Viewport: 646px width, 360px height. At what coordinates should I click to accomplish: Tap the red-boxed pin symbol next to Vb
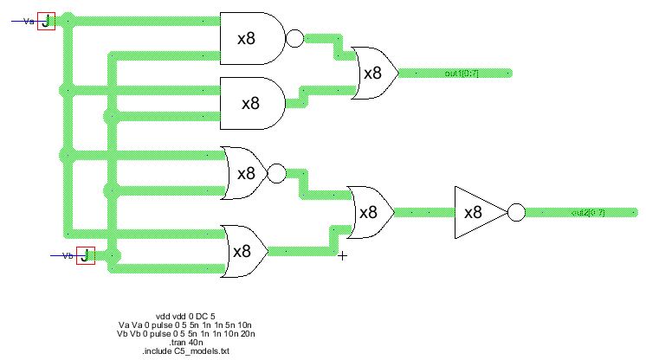85,255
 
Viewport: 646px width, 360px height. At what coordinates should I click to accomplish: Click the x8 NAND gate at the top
252,39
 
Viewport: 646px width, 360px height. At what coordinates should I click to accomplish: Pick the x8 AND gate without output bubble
252,103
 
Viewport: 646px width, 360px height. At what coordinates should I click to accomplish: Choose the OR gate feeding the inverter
369,212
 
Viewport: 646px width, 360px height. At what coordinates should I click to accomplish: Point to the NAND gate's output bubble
294,39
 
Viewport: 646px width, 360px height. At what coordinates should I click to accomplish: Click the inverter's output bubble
516,212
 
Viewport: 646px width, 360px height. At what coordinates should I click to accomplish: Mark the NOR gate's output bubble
276,174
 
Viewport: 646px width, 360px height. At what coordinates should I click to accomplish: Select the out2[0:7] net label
588,212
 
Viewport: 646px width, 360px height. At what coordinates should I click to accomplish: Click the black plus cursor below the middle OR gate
342,255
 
